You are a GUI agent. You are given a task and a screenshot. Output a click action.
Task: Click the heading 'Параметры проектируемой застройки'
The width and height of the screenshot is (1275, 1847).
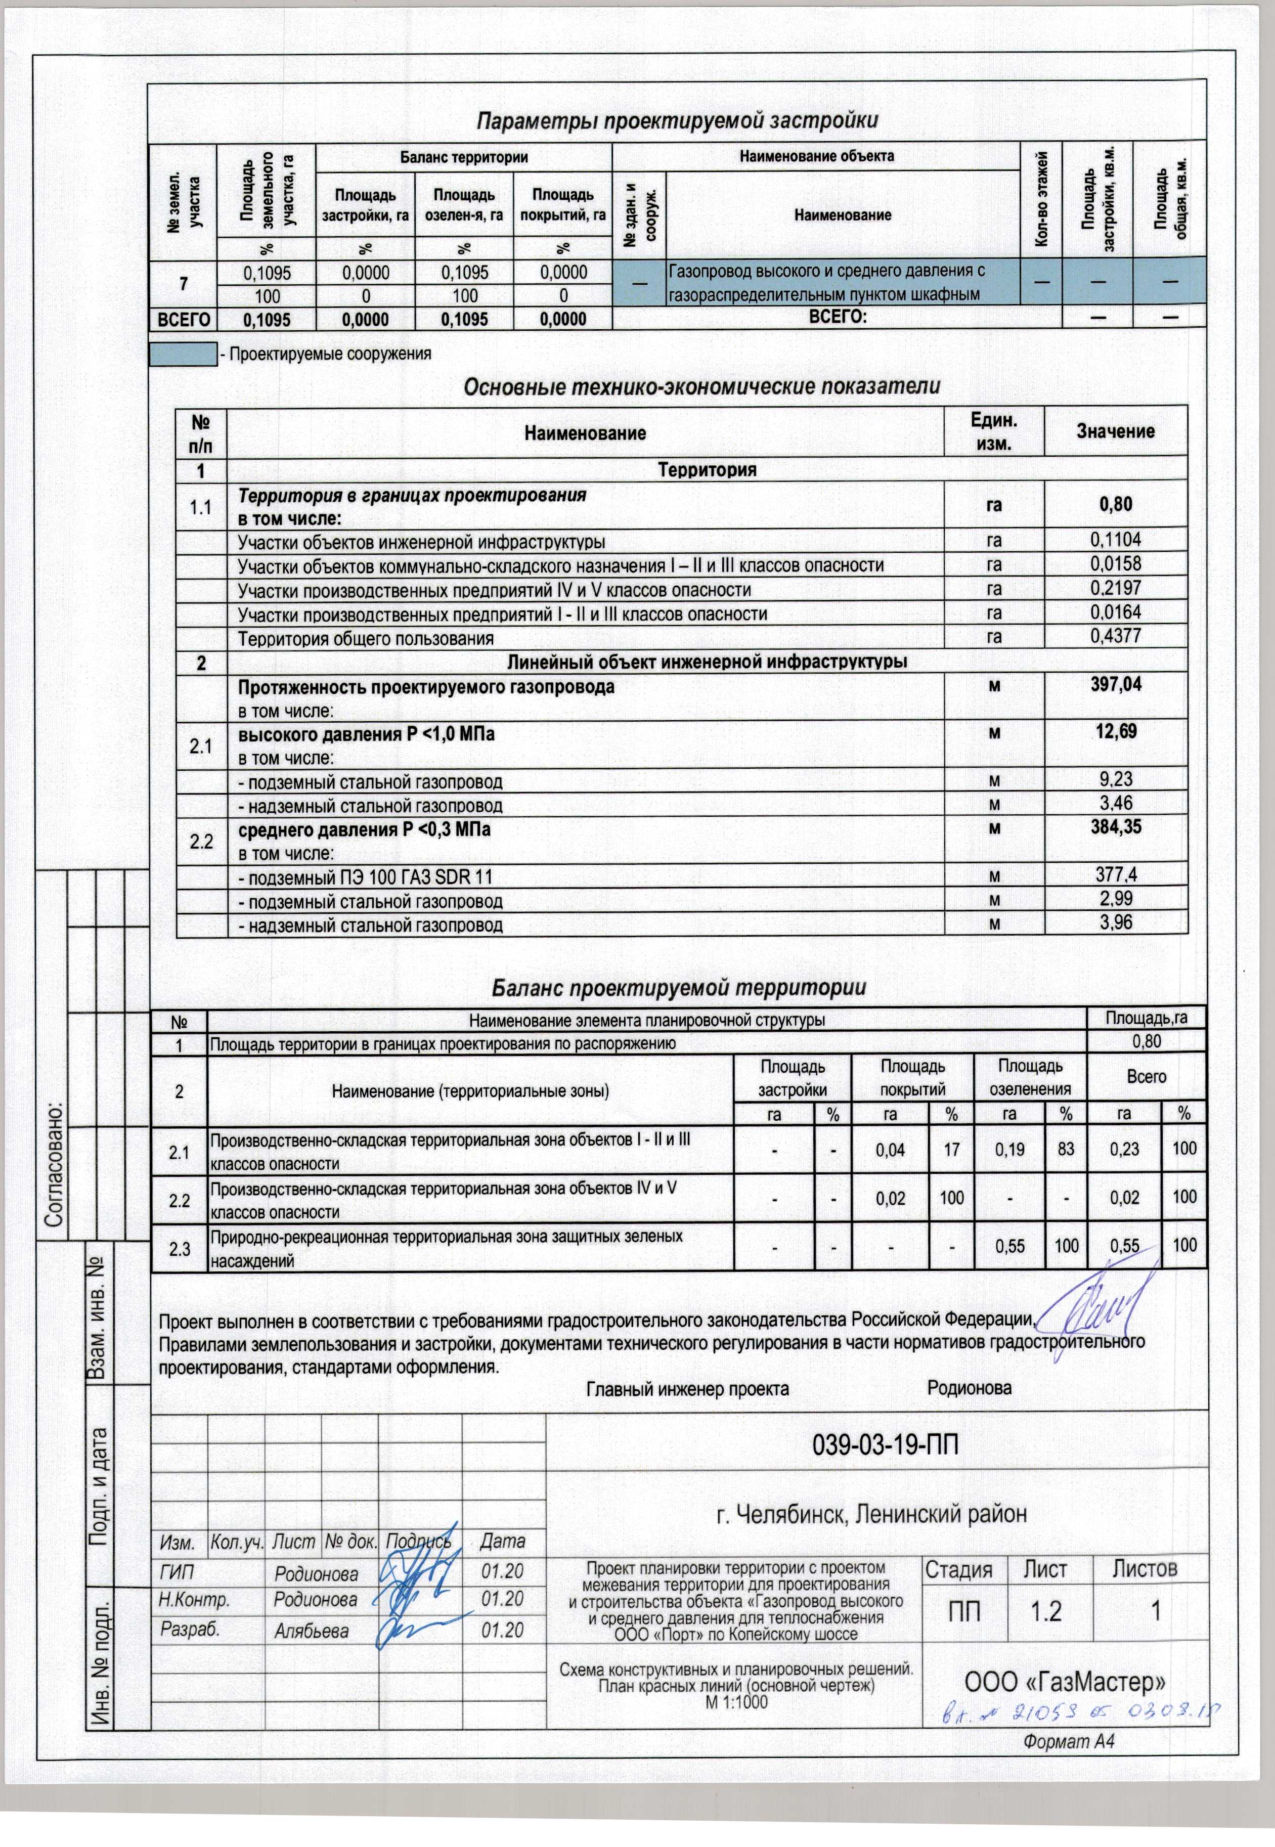[x=677, y=121]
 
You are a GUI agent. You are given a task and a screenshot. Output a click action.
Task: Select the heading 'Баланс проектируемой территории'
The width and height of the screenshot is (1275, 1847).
[x=677, y=988]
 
